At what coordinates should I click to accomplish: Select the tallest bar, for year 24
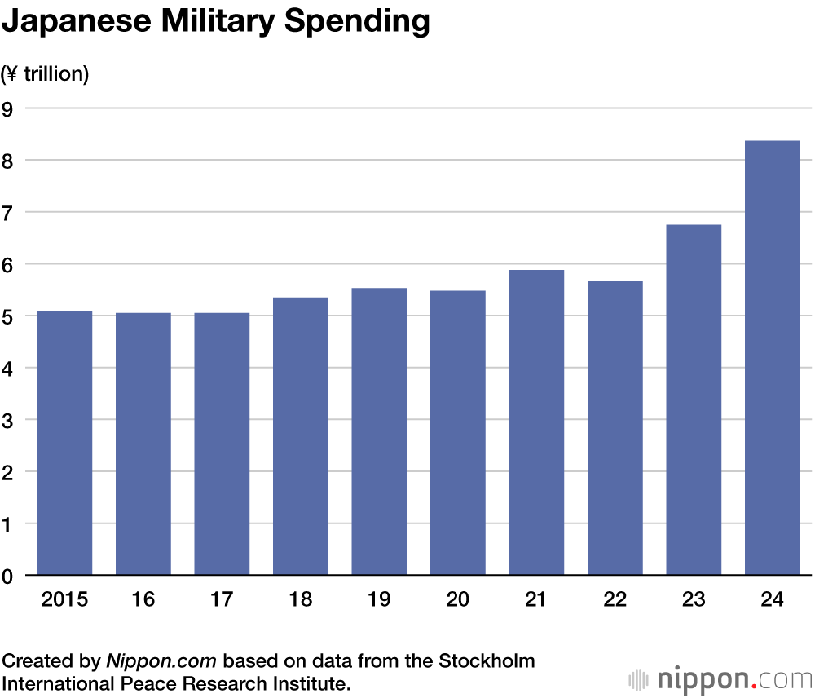point(772,358)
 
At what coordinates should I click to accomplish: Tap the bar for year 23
point(694,400)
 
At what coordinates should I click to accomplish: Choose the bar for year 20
point(458,433)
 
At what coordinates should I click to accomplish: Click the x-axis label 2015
point(64,600)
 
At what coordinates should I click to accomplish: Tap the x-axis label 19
point(379,600)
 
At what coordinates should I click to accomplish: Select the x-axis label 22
point(615,600)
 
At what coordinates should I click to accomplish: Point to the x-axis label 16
point(143,600)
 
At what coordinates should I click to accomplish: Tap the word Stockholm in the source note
point(486,660)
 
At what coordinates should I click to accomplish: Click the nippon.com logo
point(720,678)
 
